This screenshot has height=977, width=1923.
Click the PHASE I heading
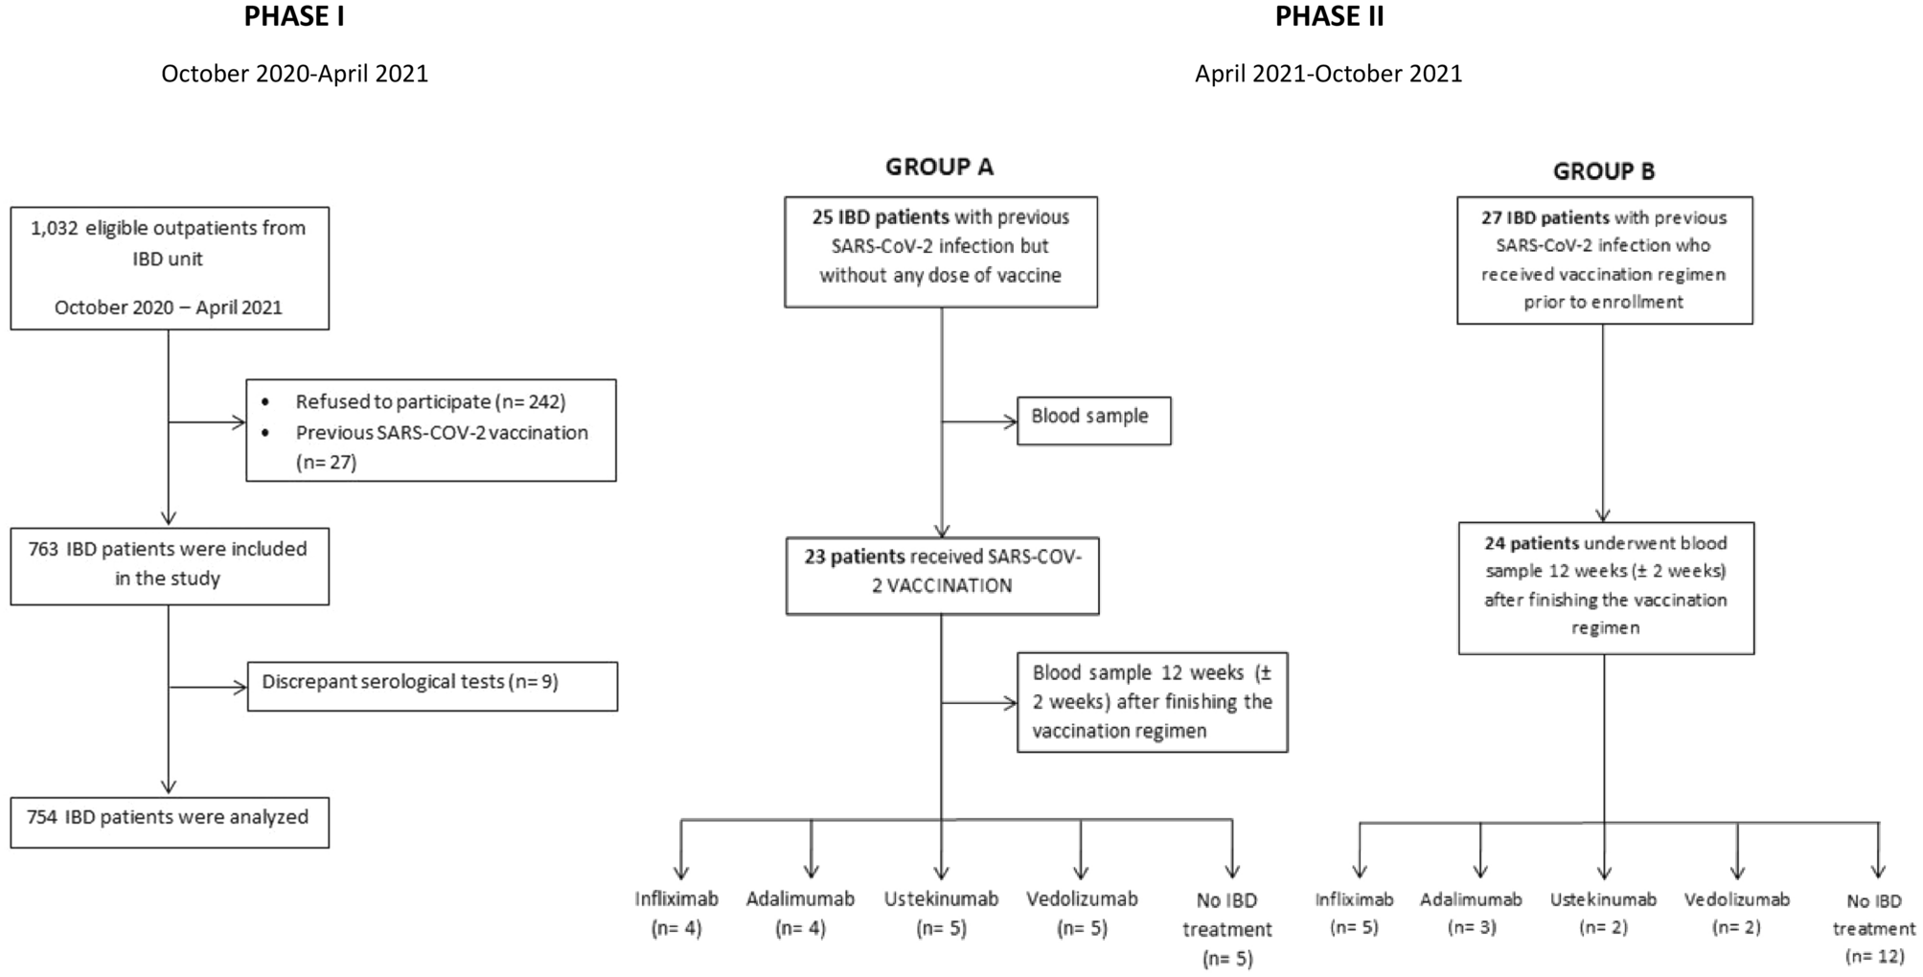(294, 17)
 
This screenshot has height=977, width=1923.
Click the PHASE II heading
(1329, 17)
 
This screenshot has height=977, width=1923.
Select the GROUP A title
(939, 168)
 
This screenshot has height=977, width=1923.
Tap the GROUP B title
(1603, 171)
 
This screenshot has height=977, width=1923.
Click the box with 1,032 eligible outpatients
(170, 268)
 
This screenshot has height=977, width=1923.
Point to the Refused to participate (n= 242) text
(430, 402)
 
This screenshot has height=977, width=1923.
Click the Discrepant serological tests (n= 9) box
(432, 686)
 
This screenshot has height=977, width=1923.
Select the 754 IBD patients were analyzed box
(170, 822)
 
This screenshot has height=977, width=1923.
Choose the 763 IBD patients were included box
(170, 565)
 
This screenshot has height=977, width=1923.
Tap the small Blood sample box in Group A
(1093, 420)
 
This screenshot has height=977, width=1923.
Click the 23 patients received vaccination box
(942, 575)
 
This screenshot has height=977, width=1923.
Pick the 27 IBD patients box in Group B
(1604, 261)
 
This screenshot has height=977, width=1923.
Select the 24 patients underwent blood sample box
(1606, 587)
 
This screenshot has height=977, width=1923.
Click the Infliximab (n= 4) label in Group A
(676, 914)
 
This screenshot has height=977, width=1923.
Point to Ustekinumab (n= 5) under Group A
(941, 914)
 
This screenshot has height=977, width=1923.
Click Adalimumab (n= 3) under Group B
(1471, 914)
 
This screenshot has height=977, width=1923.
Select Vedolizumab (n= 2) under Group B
(1736, 914)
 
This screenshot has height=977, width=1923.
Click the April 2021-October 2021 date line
(1328, 74)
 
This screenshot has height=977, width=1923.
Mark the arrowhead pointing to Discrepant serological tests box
(240, 687)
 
